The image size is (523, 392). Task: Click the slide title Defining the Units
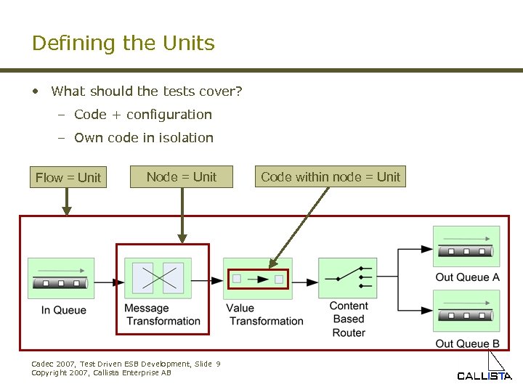[123, 43]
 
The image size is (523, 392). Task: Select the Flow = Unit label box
[68, 177]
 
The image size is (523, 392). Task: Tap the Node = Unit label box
[182, 176]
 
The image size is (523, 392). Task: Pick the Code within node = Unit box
[330, 176]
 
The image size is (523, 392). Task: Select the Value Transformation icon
[258, 278]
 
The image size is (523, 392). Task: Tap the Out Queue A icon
[466, 247]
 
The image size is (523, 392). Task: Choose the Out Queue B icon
[466, 311]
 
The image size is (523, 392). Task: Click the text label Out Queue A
[467, 277]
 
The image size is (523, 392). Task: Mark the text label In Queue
[63, 310]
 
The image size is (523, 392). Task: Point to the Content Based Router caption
[349, 319]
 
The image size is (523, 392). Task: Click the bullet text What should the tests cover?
[147, 91]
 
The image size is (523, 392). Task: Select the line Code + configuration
[143, 114]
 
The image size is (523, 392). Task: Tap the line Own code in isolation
[144, 137]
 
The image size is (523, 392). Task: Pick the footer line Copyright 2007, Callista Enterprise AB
[102, 372]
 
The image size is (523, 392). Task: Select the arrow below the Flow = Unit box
[67, 203]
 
